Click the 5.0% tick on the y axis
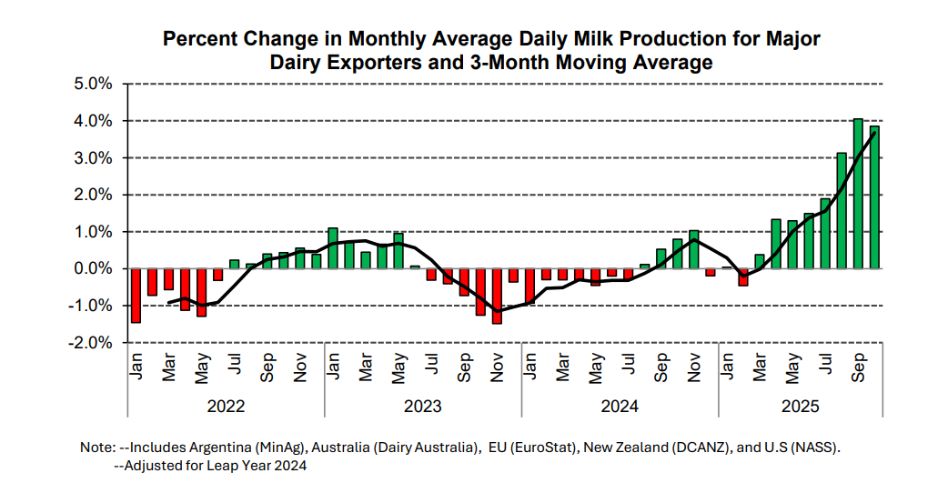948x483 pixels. click(94, 84)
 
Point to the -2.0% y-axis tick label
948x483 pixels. click(92, 343)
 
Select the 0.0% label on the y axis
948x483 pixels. click(94, 269)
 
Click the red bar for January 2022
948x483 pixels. click(136, 296)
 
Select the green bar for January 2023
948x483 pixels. click(333, 248)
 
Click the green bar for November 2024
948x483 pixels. click(694, 249)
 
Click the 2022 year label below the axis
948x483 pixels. click(226, 407)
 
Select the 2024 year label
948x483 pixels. click(620, 407)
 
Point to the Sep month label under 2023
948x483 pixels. click(465, 369)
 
